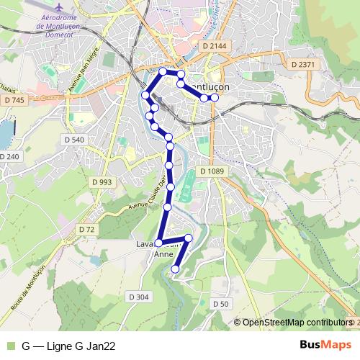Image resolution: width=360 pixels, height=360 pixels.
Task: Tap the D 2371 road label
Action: point(303,65)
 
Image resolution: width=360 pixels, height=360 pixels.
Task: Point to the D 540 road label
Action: point(73,139)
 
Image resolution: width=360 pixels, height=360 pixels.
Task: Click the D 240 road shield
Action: point(9,156)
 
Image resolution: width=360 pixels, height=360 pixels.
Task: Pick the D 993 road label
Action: point(102,182)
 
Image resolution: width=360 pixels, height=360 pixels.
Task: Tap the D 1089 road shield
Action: point(212,171)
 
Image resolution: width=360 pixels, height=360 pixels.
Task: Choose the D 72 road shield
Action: point(86,229)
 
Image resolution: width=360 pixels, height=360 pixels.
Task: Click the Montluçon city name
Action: point(228,86)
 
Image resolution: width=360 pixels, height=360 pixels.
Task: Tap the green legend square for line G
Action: point(9,346)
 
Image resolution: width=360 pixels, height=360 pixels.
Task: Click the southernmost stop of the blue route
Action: point(176,269)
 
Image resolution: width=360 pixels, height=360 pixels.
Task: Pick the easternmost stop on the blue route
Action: point(215,97)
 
